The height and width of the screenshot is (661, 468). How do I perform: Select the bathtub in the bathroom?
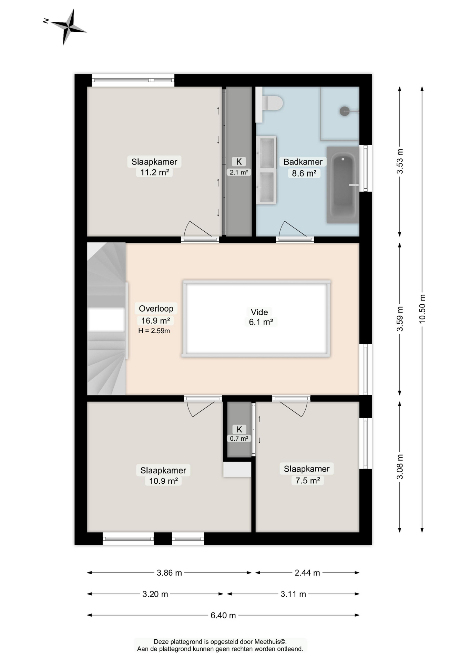click(343, 185)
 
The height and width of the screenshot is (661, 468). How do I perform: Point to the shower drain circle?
click(345, 111)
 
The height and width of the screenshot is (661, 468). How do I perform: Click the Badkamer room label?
click(303, 162)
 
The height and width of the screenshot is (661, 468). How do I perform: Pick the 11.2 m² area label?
click(154, 172)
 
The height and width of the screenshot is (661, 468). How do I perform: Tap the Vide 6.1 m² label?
click(261, 317)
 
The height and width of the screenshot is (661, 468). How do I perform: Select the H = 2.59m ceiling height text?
click(154, 331)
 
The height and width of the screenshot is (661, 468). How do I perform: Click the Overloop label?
click(156, 308)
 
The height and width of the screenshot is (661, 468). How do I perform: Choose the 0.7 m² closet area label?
click(239, 439)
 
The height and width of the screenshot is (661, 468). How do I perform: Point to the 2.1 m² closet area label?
click(239, 172)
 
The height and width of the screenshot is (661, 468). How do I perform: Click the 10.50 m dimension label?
click(422, 309)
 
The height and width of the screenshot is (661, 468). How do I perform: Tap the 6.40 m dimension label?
click(223, 615)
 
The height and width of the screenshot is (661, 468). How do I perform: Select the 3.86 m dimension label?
click(169, 573)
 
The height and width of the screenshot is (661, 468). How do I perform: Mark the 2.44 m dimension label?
click(307, 573)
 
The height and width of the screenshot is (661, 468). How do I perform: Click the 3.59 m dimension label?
click(400, 319)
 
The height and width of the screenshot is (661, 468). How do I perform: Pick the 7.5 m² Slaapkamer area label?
click(307, 480)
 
